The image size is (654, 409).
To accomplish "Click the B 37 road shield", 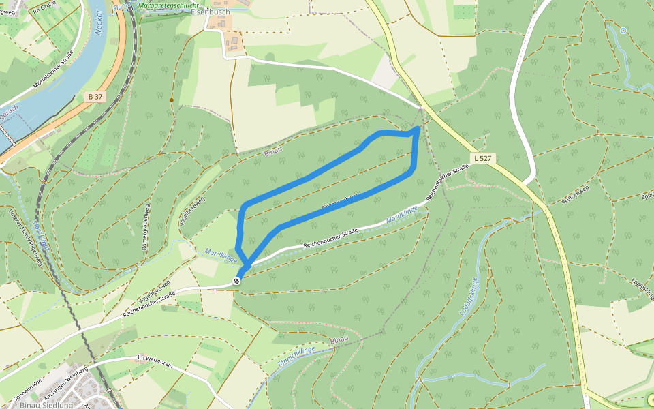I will pos(95,97).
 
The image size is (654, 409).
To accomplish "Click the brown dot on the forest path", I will pos(171,100).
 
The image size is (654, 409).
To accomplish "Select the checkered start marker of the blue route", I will pos(236,280).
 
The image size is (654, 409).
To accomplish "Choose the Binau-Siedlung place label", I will pos(47,404).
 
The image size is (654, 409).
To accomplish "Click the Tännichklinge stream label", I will pos(296,357).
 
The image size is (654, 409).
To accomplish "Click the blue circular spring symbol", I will pos(623,30).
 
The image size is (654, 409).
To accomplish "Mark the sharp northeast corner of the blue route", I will pos(418,128).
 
